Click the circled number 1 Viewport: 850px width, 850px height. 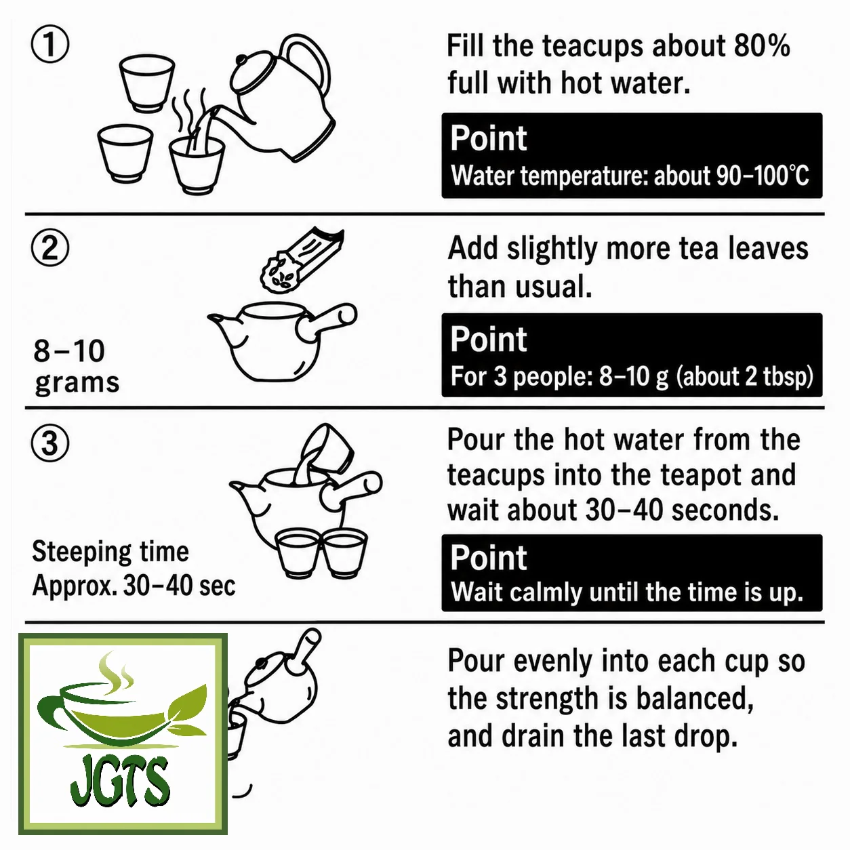[50, 45]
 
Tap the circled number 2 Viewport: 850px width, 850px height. [50, 247]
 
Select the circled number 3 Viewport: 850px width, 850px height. [50, 443]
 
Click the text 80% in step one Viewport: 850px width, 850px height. [761, 45]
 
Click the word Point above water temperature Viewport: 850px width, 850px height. [488, 138]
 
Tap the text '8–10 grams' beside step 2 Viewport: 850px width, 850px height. [77, 366]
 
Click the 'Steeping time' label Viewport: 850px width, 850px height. [110, 552]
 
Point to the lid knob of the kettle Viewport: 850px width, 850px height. [242, 60]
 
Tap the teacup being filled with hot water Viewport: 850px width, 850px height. [197, 165]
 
